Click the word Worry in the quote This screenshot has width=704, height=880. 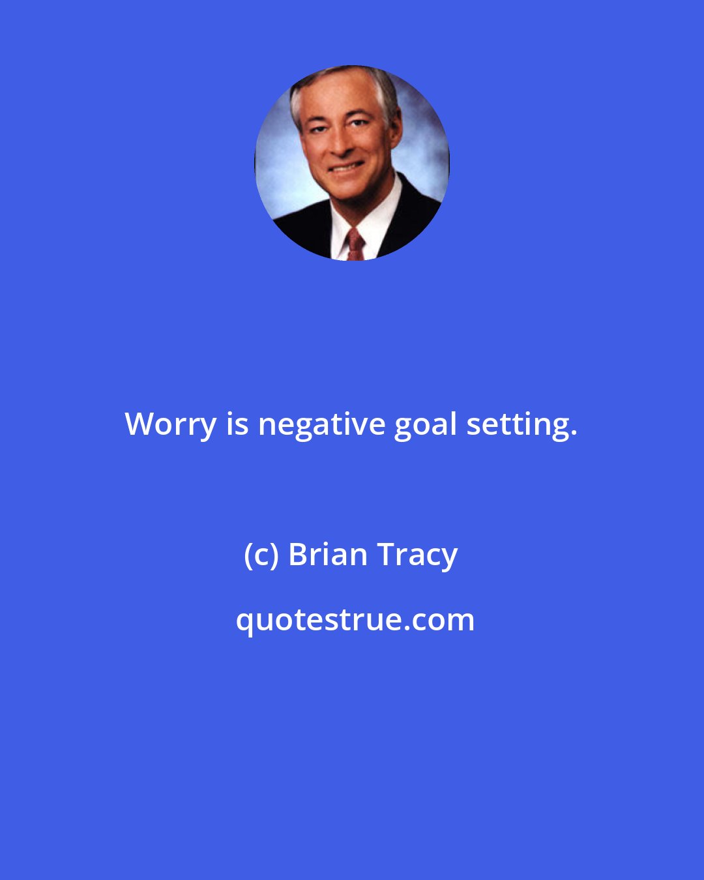[171, 425]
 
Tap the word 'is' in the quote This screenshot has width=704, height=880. [237, 425]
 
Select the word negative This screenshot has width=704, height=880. [322, 425]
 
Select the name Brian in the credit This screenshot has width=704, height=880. [328, 555]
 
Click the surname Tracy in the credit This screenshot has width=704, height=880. [418, 555]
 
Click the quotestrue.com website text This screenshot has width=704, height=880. [355, 620]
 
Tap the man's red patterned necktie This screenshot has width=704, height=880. [355, 244]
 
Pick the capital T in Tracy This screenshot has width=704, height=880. [385, 555]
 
